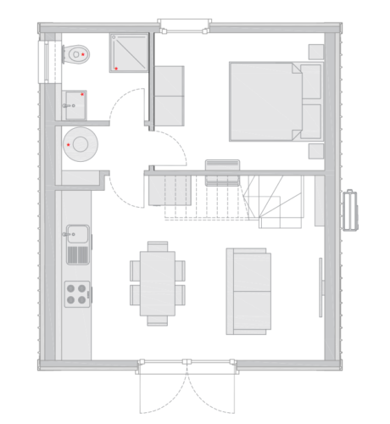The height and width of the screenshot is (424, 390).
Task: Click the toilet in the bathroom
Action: (77, 53)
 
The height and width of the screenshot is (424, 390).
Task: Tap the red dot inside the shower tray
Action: (116, 68)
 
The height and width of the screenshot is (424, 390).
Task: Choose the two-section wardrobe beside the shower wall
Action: (169, 95)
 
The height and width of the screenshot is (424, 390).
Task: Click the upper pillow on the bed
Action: (311, 82)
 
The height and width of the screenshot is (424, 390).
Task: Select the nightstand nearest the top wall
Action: (315, 52)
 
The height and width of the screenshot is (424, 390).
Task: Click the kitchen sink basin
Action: (78, 233)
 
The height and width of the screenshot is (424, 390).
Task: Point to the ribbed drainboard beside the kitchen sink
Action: (78, 253)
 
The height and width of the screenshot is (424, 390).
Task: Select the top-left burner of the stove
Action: (72, 287)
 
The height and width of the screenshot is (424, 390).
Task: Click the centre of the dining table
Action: (158, 282)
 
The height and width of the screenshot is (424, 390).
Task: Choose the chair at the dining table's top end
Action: (158, 246)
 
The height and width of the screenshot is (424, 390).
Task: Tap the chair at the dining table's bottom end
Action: (158, 320)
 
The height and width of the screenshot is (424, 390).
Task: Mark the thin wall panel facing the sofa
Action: (320, 287)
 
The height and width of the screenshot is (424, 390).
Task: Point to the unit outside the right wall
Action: (349, 209)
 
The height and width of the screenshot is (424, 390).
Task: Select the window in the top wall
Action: (182, 25)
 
